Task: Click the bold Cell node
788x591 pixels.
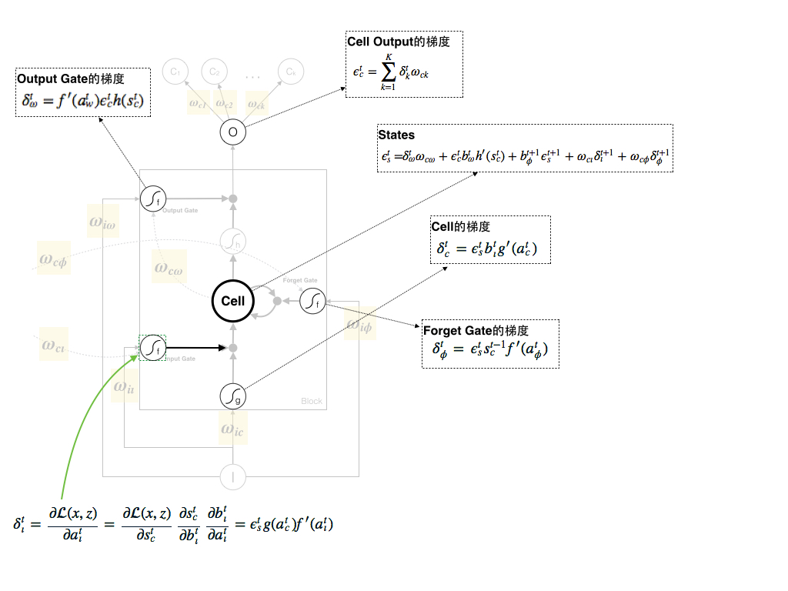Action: point(233,302)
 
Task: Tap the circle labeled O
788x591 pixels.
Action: point(233,132)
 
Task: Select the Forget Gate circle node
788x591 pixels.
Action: point(312,302)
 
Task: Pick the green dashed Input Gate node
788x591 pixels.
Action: point(152,348)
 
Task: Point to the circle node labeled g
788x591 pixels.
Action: point(233,396)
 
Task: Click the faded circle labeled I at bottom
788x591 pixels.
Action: point(233,477)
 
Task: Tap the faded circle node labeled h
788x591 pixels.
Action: point(233,242)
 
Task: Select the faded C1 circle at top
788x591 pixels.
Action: point(175,72)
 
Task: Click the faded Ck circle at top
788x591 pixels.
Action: point(290,72)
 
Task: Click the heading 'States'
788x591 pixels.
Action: point(396,135)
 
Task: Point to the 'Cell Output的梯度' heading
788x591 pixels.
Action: point(399,42)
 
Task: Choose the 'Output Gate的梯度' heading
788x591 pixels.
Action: point(71,78)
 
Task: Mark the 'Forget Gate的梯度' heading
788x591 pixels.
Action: point(476,331)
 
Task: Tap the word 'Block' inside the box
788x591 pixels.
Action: point(312,402)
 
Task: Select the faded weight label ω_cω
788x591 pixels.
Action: point(169,268)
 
